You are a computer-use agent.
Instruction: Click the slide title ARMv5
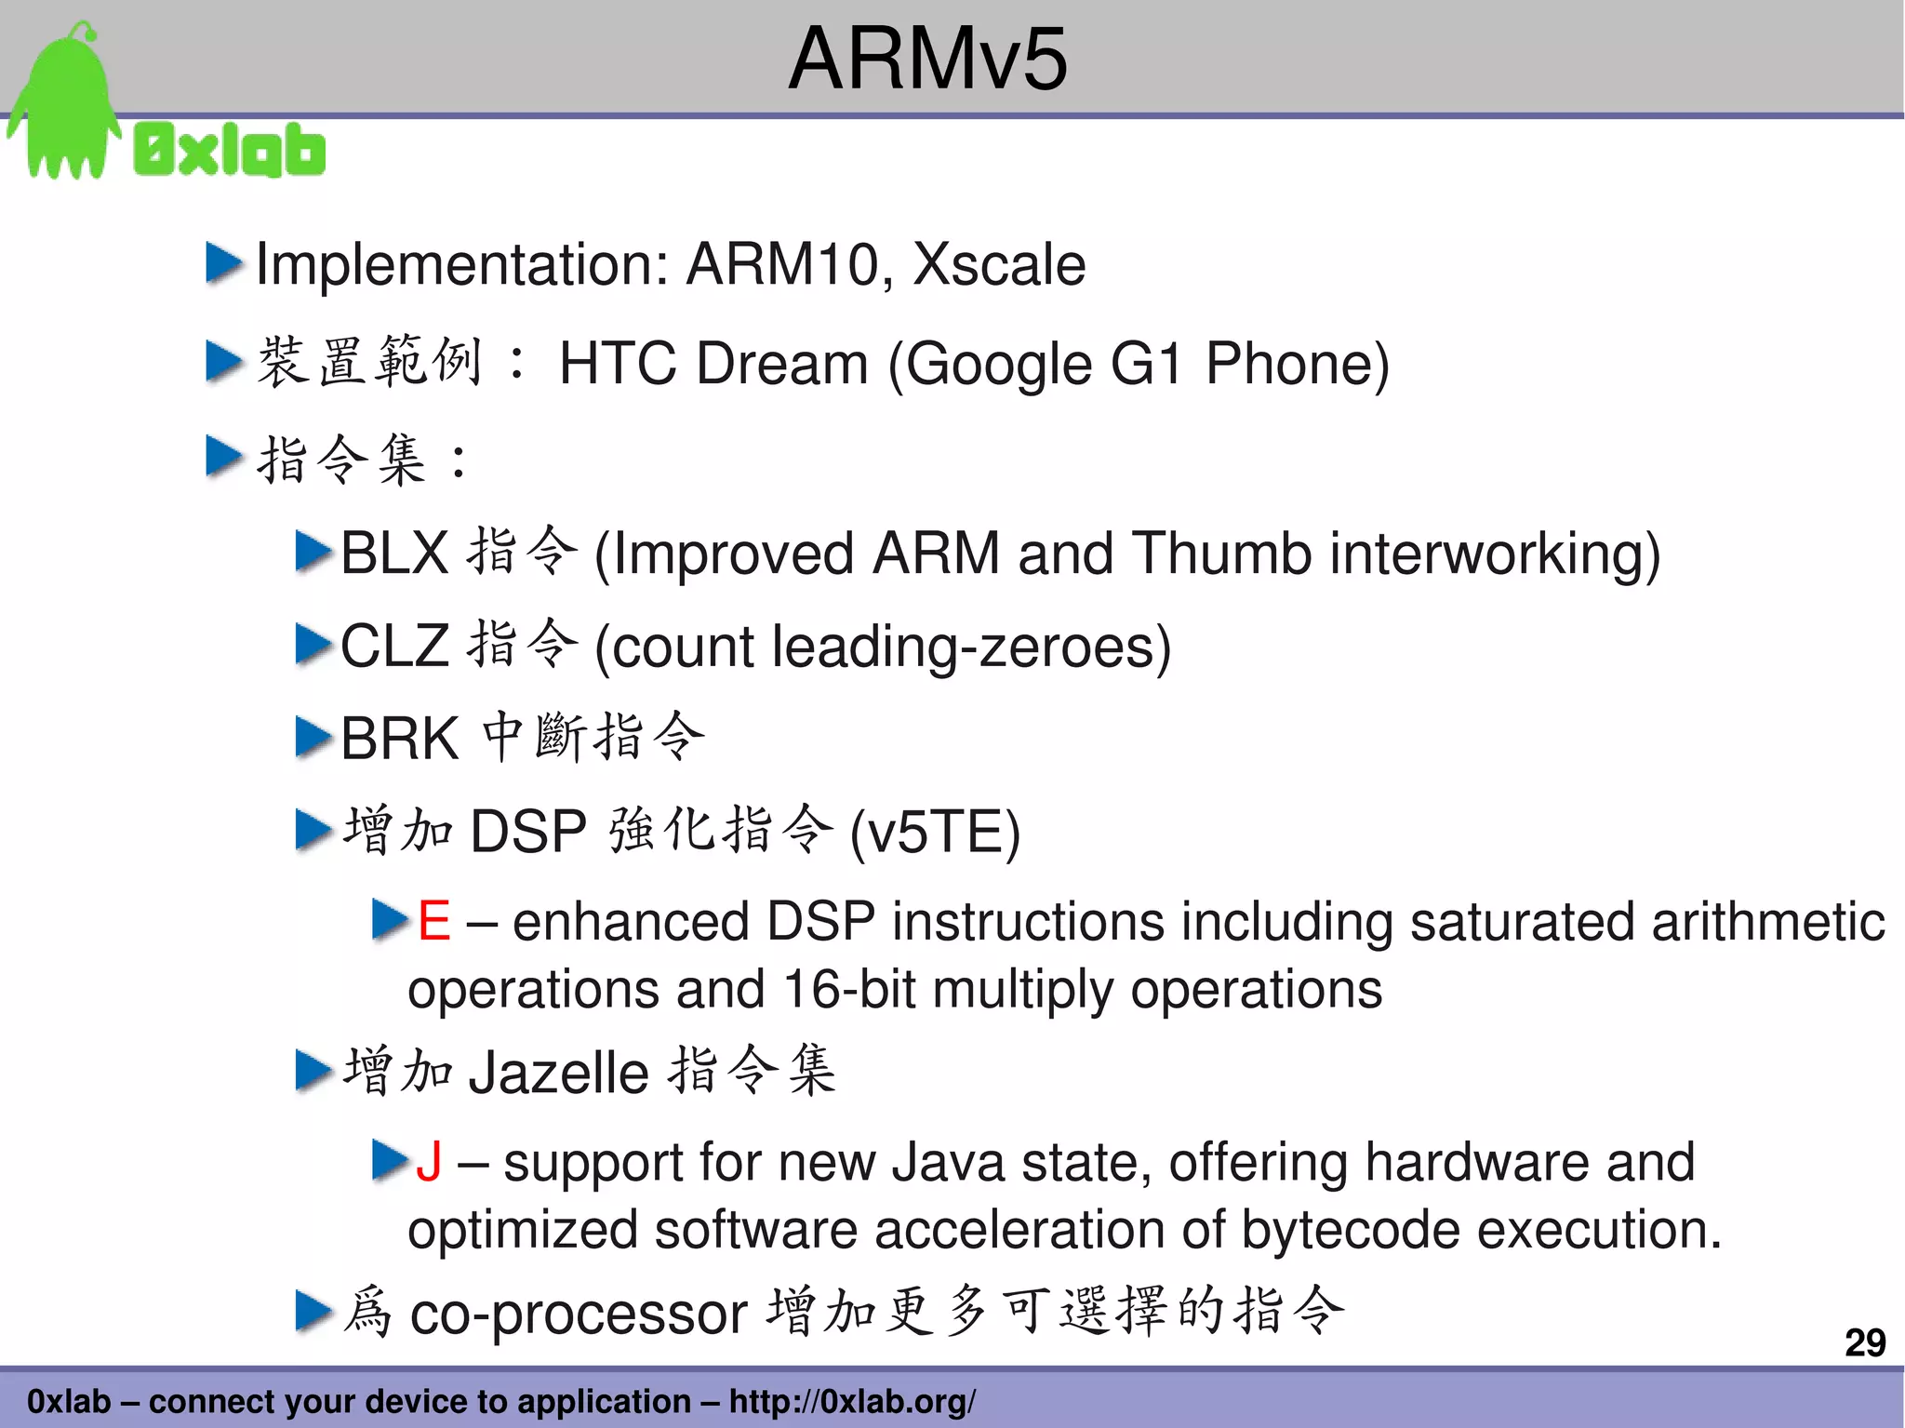coord(927,59)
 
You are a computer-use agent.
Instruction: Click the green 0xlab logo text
coord(230,150)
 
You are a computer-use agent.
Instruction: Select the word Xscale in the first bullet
coord(999,264)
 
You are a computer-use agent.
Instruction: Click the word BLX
coord(394,553)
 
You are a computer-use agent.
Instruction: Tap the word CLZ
coord(394,645)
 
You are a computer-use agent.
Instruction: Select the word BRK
coord(400,739)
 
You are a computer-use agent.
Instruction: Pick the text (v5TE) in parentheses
coord(935,831)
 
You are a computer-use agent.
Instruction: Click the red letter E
coord(433,921)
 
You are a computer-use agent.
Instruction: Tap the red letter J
coord(429,1162)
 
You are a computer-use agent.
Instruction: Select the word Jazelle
coord(558,1073)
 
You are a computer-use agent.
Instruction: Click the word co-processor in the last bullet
coord(579,1314)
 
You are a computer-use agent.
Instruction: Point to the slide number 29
coord(1864,1342)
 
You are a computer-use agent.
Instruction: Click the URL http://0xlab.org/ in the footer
coord(852,1401)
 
